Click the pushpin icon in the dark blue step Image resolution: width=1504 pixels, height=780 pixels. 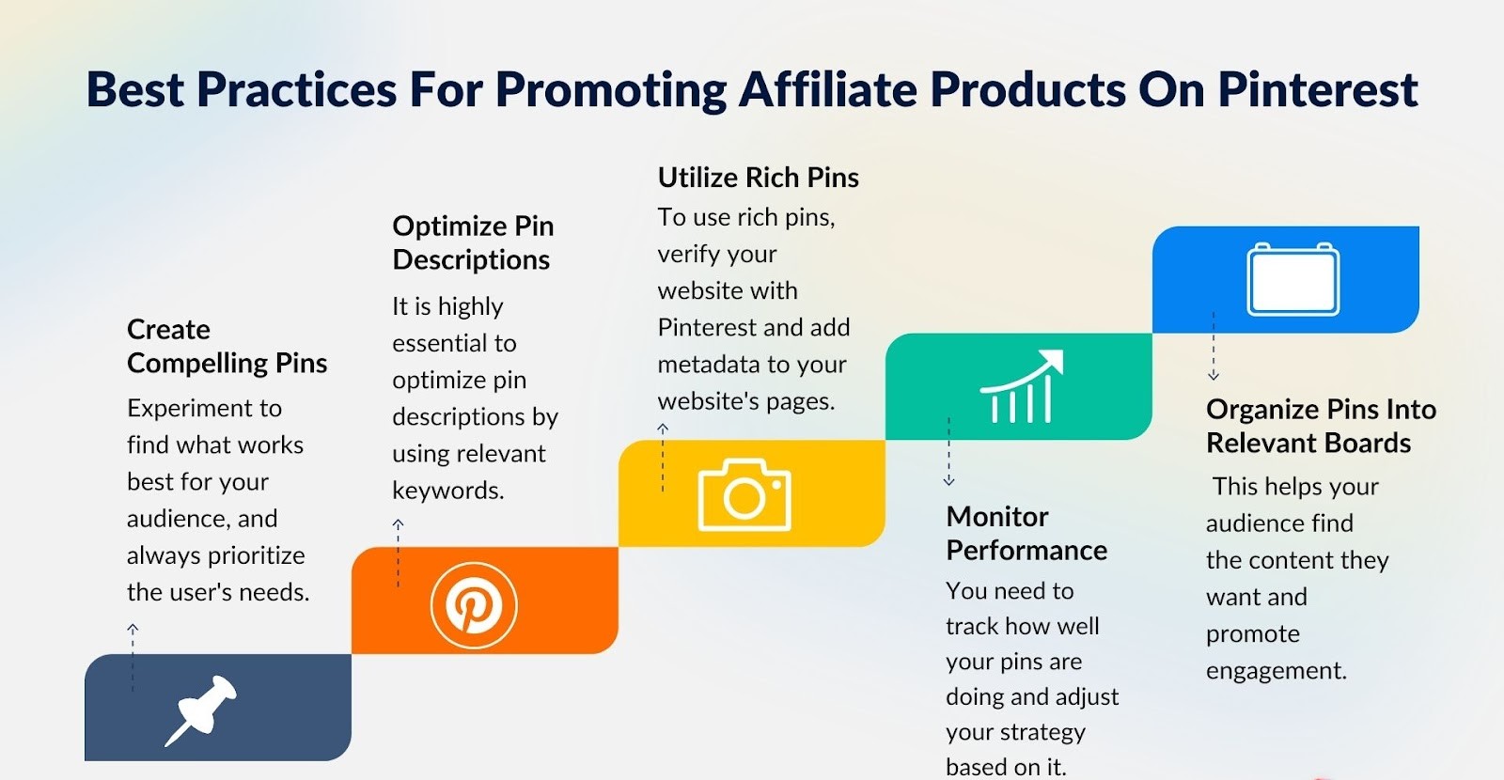coord(201,710)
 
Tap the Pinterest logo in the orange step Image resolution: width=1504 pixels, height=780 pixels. coord(474,605)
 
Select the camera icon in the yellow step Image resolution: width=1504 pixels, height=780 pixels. coord(744,495)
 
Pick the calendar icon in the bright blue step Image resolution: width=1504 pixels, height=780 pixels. coord(1292,279)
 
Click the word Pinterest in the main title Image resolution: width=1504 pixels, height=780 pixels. coord(1318,90)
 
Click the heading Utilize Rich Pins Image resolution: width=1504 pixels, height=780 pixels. coord(758,178)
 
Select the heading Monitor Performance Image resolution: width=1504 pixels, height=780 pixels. coord(1026,534)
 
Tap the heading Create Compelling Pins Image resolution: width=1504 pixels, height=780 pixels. coord(227,347)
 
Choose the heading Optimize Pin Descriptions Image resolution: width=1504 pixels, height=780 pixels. coord(472,243)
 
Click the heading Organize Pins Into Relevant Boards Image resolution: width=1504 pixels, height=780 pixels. coord(1320,427)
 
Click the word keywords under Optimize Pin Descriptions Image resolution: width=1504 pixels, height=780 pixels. coord(447,491)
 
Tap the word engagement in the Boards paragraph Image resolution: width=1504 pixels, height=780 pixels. coord(1276,671)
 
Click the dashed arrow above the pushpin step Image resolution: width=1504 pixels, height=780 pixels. coord(133,656)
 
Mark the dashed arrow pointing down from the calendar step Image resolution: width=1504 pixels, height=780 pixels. coord(1214,347)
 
